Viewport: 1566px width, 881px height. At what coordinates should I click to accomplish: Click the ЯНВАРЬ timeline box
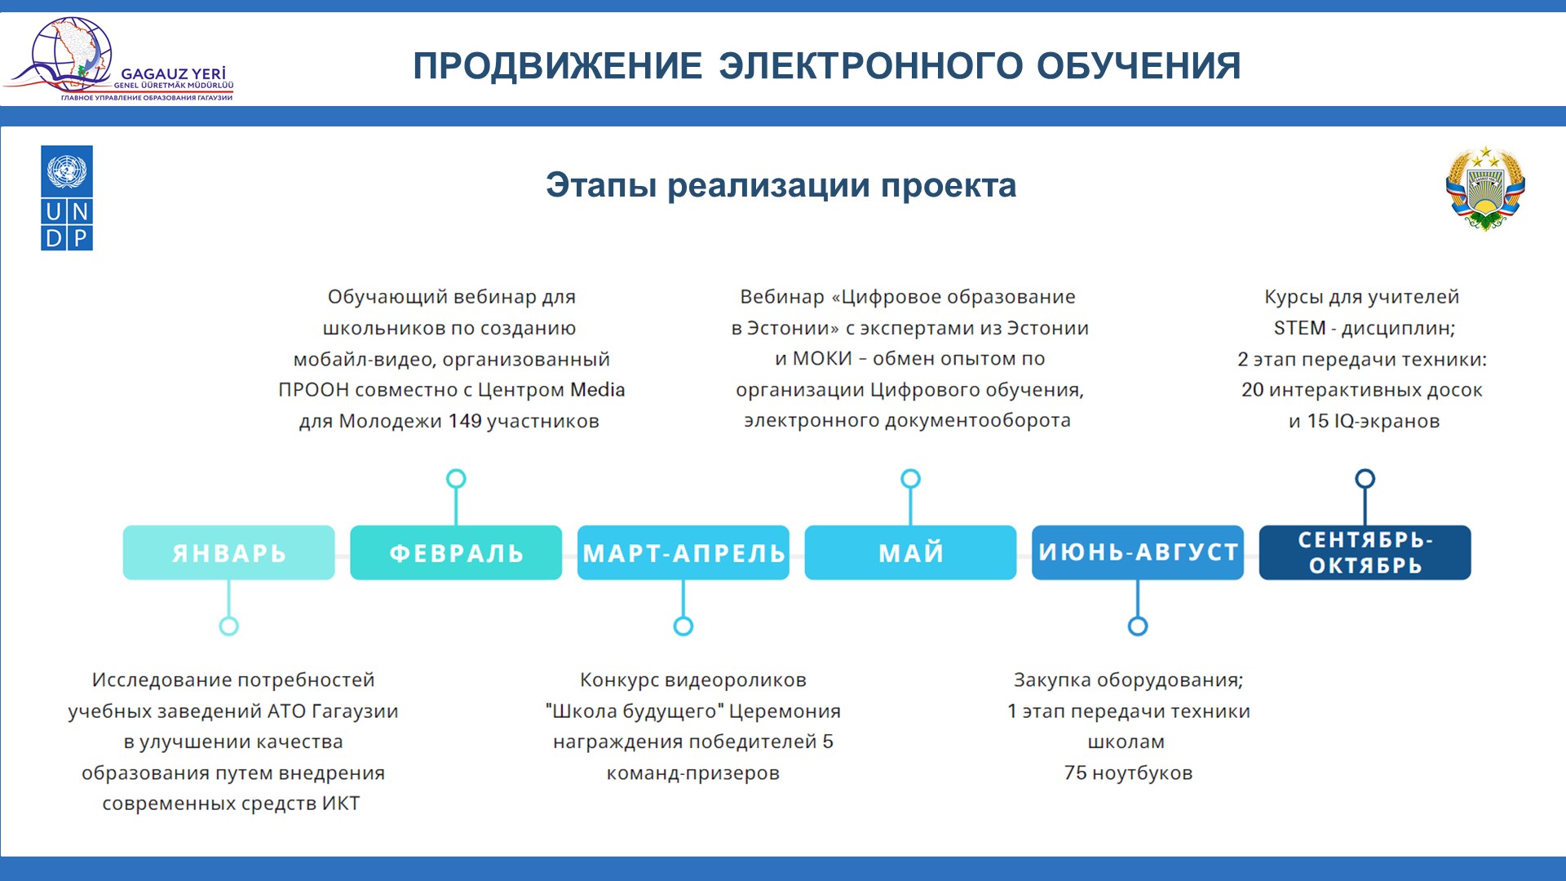click(x=228, y=552)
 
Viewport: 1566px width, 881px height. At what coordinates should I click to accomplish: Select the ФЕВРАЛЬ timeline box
click(x=456, y=552)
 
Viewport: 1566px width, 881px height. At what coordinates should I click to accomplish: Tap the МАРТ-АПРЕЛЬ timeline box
click(x=683, y=552)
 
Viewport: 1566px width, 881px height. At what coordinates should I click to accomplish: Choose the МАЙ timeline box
click(x=910, y=552)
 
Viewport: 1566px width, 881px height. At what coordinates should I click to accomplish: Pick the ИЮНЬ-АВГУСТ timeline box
click(x=1138, y=552)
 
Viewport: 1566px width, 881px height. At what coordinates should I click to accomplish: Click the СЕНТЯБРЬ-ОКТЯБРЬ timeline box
click(x=1365, y=552)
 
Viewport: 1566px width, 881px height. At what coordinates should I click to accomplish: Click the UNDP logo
click(x=67, y=198)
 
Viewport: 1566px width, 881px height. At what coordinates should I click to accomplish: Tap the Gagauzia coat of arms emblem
click(x=1485, y=188)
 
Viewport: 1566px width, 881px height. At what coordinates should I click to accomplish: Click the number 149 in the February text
click(x=465, y=421)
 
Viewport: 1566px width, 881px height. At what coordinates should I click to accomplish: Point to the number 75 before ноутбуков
click(x=1075, y=773)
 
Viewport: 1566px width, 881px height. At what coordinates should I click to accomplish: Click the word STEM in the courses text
click(x=1300, y=328)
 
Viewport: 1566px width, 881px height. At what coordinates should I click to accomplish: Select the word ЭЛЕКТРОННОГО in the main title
click(x=870, y=66)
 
